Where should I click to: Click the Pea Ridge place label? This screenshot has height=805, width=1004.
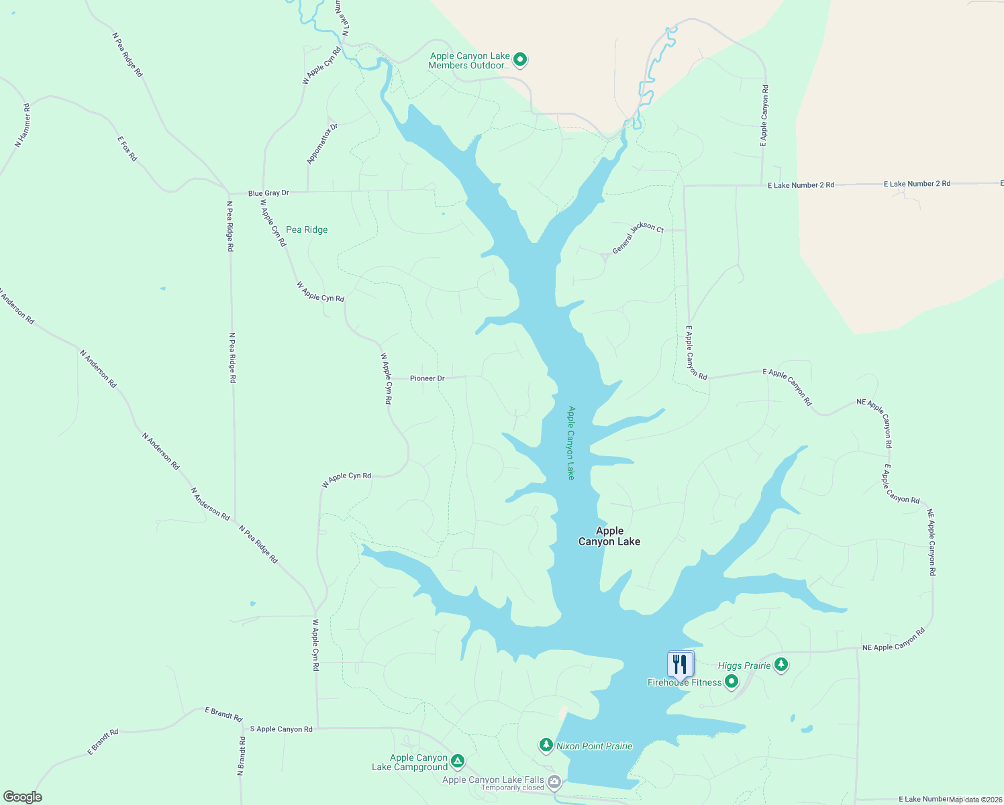[x=307, y=229]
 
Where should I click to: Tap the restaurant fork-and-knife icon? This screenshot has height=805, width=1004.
[x=681, y=665]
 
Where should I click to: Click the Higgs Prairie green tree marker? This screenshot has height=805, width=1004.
[x=781, y=665]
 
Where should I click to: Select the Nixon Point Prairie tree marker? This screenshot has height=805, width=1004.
[x=546, y=745]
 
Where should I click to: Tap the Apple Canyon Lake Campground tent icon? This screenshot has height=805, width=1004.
[x=457, y=761]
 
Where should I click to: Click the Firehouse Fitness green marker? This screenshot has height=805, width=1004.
[x=732, y=682]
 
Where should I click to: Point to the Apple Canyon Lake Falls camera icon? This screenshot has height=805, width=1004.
[x=554, y=781]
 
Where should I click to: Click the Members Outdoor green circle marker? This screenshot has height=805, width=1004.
[x=520, y=60]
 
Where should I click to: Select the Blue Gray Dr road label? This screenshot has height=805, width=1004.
[x=268, y=193]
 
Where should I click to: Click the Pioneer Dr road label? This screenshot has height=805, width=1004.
[x=427, y=378]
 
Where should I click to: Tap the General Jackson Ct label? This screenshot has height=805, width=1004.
[x=638, y=238]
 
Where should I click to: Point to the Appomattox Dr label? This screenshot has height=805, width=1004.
[x=322, y=144]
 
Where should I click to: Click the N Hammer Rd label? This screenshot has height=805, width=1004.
[x=23, y=125]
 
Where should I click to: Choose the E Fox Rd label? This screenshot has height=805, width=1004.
[x=127, y=148]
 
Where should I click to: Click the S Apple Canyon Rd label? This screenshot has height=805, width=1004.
[x=281, y=729]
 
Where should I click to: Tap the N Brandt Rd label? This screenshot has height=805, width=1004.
[x=241, y=757]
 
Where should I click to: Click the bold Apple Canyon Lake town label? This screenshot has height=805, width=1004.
[x=609, y=536]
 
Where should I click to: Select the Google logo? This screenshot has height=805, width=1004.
[x=23, y=797]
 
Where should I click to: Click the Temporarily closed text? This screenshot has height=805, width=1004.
[x=513, y=788]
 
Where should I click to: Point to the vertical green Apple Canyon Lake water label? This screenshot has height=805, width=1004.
[x=571, y=443]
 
